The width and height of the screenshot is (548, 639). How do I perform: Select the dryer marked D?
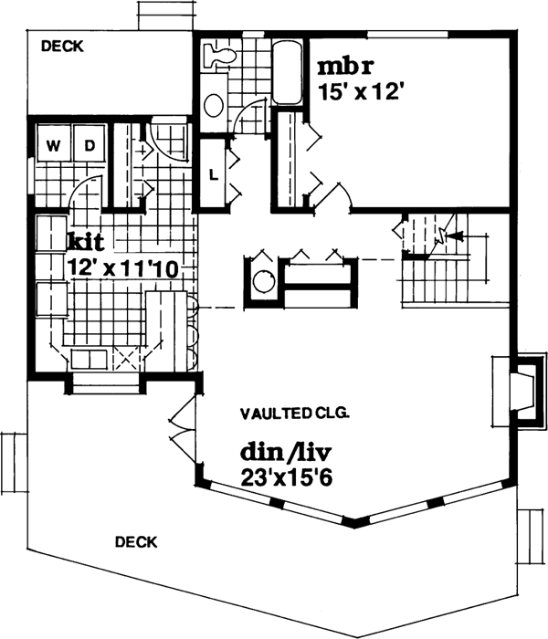click(x=89, y=145)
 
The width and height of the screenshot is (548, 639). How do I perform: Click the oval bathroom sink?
click(x=214, y=106)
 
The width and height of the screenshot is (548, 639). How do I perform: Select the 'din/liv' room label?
click(x=282, y=453)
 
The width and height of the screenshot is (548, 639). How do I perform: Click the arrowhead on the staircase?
click(x=458, y=236)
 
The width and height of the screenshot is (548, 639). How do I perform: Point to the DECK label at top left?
click(x=62, y=46)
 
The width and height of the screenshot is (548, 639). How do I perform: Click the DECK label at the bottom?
click(x=136, y=541)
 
